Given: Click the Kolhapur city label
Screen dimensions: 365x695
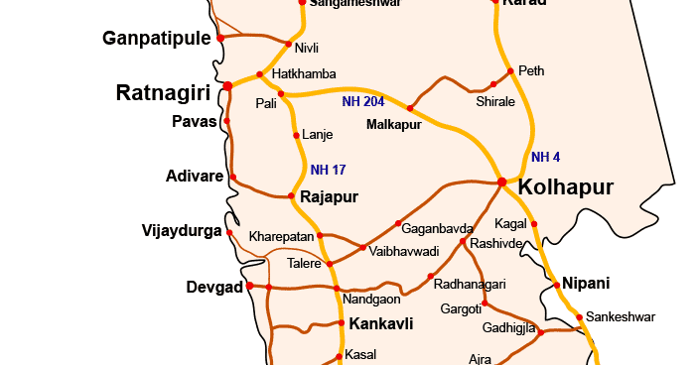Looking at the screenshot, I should pyautogui.click(x=567, y=186).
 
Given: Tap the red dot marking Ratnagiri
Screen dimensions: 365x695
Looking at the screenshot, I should pyautogui.click(x=227, y=86).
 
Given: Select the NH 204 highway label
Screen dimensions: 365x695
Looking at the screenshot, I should pyautogui.click(x=363, y=101).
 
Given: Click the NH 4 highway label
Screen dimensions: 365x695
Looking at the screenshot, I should pyautogui.click(x=545, y=157).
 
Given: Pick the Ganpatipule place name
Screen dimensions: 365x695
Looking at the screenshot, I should pyautogui.click(x=157, y=39).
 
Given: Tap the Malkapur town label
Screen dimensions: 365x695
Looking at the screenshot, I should pyautogui.click(x=393, y=125).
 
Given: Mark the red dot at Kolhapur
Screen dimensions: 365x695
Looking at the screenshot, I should pyautogui.click(x=502, y=182).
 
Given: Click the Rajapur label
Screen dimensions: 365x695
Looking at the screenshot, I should pyautogui.click(x=329, y=197).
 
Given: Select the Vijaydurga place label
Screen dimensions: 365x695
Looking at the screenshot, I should pyautogui.click(x=182, y=231).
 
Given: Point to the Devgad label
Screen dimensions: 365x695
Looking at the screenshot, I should pyautogui.click(x=214, y=288).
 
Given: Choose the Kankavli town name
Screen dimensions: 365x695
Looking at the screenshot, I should pyautogui.click(x=380, y=323).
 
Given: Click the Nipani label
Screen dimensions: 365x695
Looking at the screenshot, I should pyautogui.click(x=587, y=282).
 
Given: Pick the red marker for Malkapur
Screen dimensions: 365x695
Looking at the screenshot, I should pyautogui.click(x=410, y=108).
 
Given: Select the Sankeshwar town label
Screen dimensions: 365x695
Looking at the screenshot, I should pyautogui.click(x=621, y=317).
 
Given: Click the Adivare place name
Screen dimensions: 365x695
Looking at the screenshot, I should pyautogui.click(x=195, y=177).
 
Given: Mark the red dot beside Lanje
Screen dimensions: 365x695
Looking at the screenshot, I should pyautogui.click(x=295, y=135).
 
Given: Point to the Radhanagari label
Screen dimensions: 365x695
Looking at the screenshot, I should pyautogui.click(x=471, y=284).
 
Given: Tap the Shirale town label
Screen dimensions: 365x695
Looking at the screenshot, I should pyautogui.click(x=495, y=101).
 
